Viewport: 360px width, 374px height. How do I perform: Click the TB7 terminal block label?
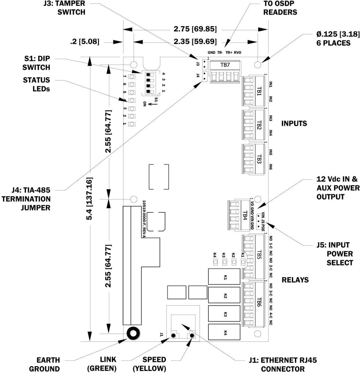coord(225,65)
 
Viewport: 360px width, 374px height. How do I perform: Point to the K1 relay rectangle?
coord(224,278)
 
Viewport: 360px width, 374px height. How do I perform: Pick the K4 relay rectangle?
coord(224,332)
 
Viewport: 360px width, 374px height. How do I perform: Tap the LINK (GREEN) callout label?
coord(102,364)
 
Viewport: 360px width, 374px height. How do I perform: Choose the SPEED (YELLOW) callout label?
coord(150,364)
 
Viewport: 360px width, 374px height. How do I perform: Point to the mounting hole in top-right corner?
coord(258,65)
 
